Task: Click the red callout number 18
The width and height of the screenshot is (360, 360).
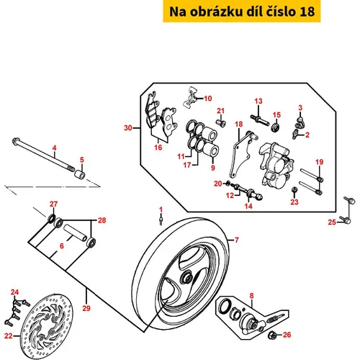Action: point(238,124)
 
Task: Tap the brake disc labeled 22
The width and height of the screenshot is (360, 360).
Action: point(47,326)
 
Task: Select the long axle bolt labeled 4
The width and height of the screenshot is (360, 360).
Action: point(43,154)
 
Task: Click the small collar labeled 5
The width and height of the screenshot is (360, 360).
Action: point(80,174)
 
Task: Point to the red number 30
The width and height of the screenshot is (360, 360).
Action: point(128,127)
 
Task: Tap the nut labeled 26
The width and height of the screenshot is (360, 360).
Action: point(272,335)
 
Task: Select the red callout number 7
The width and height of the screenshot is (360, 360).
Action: point(237,240)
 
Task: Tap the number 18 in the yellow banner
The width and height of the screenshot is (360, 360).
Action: point(307,12)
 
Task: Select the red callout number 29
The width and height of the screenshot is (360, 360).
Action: point(86,308)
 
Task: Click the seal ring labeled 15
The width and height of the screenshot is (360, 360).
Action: point(275,127)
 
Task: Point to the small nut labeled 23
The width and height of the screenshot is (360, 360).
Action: point(294,191)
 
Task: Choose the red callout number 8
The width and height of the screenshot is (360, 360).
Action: point(251,296)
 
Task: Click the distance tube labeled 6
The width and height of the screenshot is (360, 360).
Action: point(75,232)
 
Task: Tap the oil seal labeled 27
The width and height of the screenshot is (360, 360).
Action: point(51,218)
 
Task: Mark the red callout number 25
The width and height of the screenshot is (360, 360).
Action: point(332,222)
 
